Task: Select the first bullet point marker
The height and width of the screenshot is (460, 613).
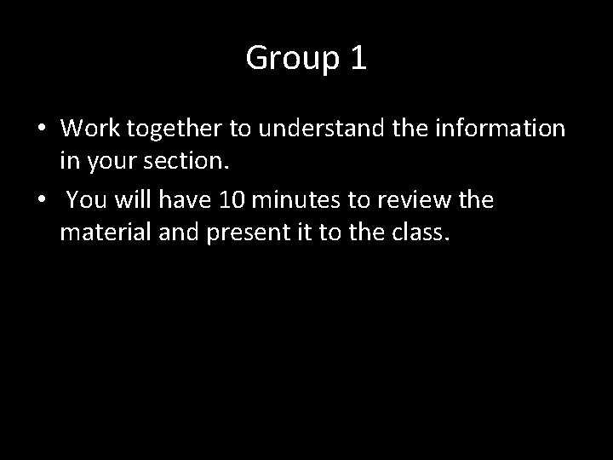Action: (41, 130)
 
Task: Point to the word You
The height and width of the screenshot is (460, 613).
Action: (84, 200)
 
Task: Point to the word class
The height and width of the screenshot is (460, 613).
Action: (418, 231)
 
